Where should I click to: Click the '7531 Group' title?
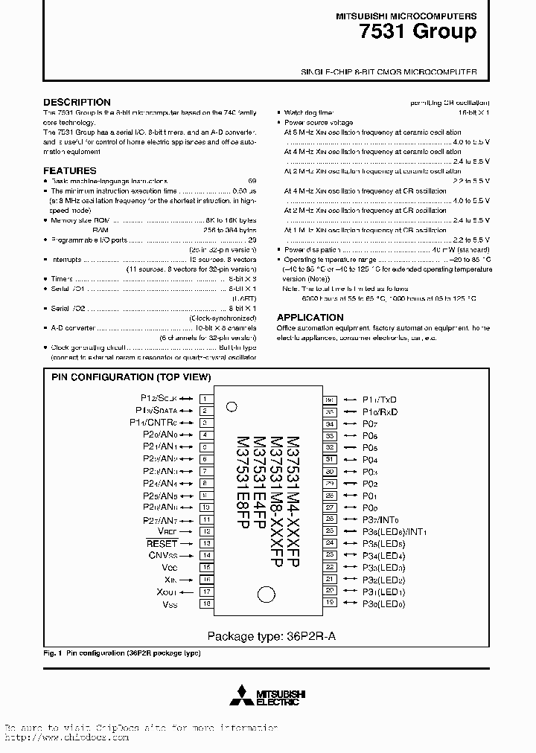[x=428, y=32]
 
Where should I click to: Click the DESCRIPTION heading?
[x=77, y=102]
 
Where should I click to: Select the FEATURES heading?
[x=70, y=170]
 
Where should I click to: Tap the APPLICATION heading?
[x=310, y=317]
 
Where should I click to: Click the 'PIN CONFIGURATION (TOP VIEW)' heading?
[x=131, y=377]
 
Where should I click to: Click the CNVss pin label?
[x=162, y=555]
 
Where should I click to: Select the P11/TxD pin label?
[x=380, y=400]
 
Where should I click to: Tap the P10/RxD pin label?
[x=380, y=411]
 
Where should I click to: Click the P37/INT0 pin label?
[x=380, y=519]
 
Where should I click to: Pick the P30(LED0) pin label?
[x=383, y=603]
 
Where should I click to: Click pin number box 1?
[x=204, y=399]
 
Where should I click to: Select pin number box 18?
[x=204, y=603]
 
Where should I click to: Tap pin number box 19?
[x=330, y=603]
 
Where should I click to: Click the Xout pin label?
[x=167, y=592]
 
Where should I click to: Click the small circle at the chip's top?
[x=232, y=407]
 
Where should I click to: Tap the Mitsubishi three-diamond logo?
[x=240, y=696]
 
